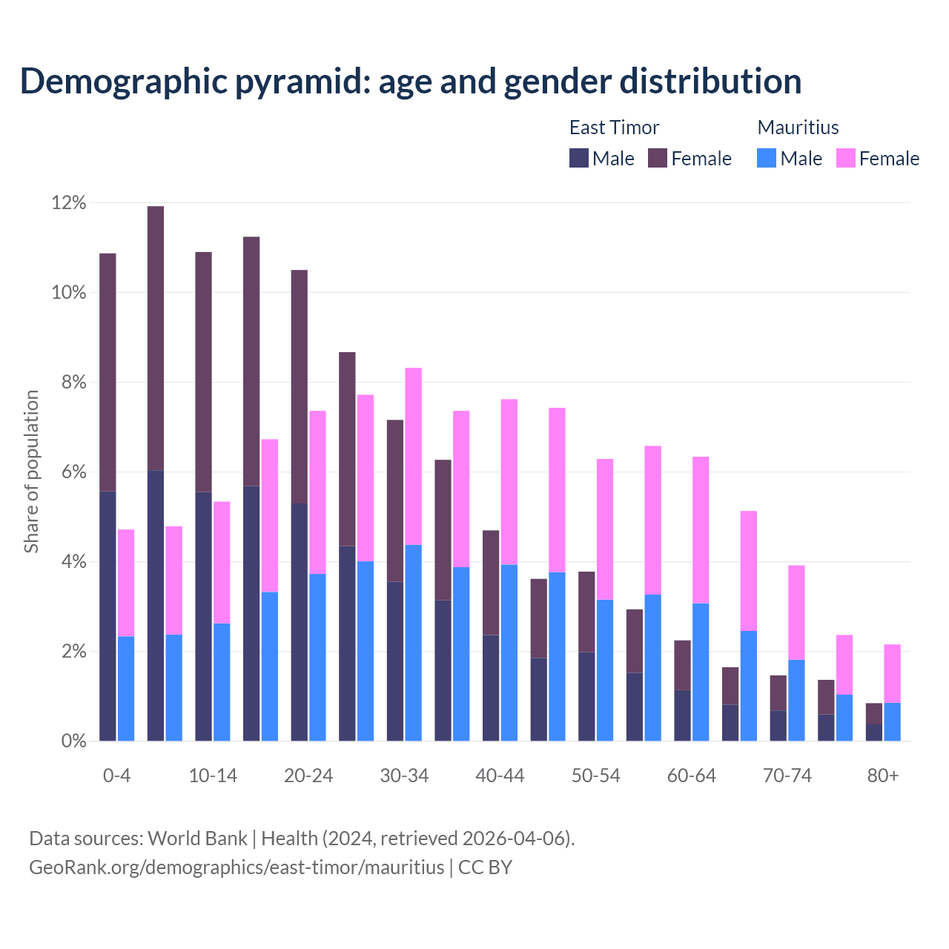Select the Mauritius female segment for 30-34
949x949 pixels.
coord(414,456)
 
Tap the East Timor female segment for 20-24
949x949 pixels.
coord(300,386)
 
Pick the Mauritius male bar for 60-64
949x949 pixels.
coord(701,672)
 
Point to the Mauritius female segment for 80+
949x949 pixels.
coord(892,673)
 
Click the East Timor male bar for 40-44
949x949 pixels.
coord(491,687)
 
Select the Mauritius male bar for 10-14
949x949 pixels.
coord(222,681)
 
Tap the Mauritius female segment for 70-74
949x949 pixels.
coord(796,612)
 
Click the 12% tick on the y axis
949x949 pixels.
coord(69,203)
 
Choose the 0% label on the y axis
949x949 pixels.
coord(73,741)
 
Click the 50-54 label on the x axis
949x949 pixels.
coord(596,776)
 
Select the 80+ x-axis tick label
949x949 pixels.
coord(883,776)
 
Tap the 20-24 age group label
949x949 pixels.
coord(308,776)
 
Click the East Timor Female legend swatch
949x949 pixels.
coord(658,158)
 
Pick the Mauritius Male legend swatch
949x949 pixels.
coord(767,158)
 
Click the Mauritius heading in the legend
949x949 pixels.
coord(798,128)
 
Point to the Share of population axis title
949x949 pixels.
coord(32,472)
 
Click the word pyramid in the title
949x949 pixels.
coord(303,81)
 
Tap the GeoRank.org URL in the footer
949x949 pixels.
coord(237,867)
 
